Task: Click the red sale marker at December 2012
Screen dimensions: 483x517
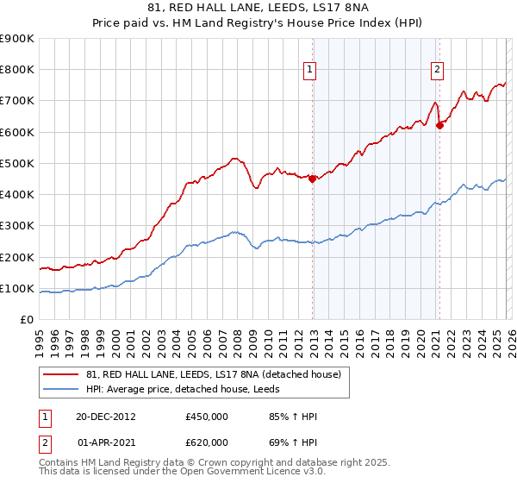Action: [x=313, y=179]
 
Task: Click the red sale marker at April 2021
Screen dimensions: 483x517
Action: [x=439, y=125]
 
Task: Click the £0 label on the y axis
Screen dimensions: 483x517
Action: [x=27, y=319]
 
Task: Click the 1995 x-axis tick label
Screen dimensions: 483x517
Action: [x=40, y=340]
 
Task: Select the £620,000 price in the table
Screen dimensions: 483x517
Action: [x=207, y=442]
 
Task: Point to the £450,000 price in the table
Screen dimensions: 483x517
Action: [x=207, y=417]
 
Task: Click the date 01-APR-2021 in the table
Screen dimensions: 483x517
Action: [x=105, y=442]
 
